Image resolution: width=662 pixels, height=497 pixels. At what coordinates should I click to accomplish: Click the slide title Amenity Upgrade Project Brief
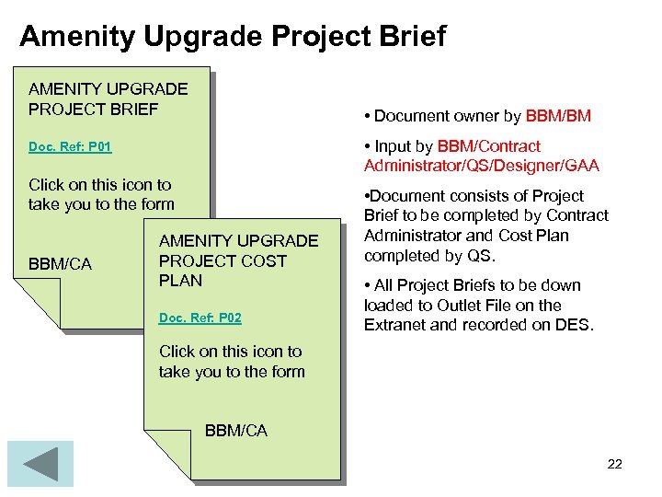[x=232, y=36]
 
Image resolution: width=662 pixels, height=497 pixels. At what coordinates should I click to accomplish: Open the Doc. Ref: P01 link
[x=70, y=147]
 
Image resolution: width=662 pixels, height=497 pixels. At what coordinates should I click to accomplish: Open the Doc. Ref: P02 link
[x=200, y=318]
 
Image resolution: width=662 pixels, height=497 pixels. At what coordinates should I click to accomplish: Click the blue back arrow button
[x=40, y=463]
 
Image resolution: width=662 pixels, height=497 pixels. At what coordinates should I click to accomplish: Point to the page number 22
[x=614, y=464]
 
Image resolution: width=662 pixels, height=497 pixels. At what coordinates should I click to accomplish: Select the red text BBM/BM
[x=558, y=116]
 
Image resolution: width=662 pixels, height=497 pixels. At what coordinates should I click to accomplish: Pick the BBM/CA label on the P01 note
[x=60, y=265]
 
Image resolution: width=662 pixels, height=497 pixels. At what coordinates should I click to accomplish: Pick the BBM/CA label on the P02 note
[x=235, y=431]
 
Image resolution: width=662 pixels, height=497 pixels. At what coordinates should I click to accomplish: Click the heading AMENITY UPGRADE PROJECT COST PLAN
[x=238, y=260]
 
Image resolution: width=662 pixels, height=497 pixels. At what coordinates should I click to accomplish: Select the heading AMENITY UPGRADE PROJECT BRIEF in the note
[x=108, y=99]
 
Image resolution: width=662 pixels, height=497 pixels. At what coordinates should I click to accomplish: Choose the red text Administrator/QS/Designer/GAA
[x=481, y=166]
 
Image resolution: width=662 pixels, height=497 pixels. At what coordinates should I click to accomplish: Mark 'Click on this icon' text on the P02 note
[x=230, y=352]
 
